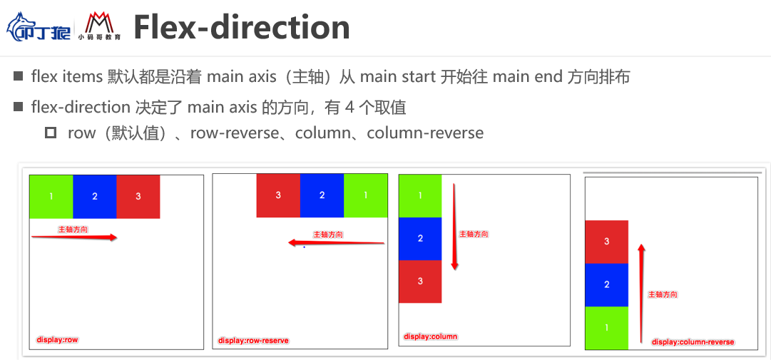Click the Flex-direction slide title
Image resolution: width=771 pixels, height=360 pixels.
pyautogui.click(x=242, y=27)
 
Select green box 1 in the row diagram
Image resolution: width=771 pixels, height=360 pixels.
pyautogui.click(x=51, y=196)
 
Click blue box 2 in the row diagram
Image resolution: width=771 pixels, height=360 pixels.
pyautogui.click(x=95, y=196)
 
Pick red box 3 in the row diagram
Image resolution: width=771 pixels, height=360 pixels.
pyautogui.click(x=138, y=196)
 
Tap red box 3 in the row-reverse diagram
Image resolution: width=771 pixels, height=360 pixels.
pyautogui.click(x=278, y=195)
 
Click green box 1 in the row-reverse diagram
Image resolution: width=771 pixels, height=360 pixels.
pyautogui.click(x=365, y=195)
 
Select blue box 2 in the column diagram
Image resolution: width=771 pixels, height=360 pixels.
pyautogui.click(x=420, y=238)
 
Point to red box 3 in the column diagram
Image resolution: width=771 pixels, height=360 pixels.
pyautogui.click(x=420, y=281)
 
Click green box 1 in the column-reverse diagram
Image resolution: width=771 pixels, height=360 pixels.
pyautogui.click(x=607, y=328)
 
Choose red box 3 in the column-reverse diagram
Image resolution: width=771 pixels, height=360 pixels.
pyautogui.click(x=607, y=242)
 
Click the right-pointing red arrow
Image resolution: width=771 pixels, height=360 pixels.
pyautogui.click(x=74, y=238)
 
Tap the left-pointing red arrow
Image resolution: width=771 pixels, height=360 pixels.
pyautogui.click(x=336, y=243)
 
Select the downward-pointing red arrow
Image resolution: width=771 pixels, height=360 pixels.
pyautogui.click(x=454, y=227)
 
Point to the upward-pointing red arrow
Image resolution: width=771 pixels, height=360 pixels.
pyautogui.click(x=641, y=292)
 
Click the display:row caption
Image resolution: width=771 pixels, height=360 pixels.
pyautogui.click(x=57, y=340)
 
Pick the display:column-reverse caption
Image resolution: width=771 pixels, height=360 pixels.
pyautogui.click(x=693, y=342)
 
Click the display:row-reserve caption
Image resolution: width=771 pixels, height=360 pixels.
pyautogui.click(x=253, y=341)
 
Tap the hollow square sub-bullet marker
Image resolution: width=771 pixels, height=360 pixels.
pyautogui.click(x=50, y=133)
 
